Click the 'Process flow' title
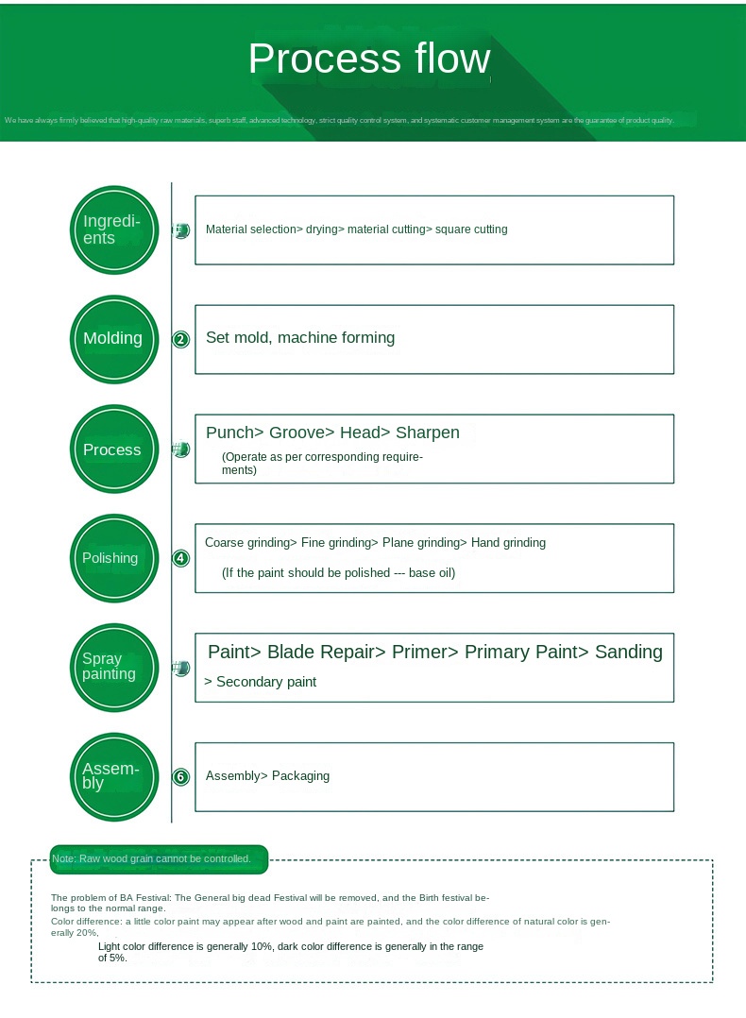pyautogui.click(x=369, y=59)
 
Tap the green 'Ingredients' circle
pyautogui.click(x=114, y=229)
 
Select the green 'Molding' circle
pyautogui.click(x=114, y=339)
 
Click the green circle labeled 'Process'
pyautogui.click(x=114, y=450)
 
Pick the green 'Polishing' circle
pyautogui.click(x=114, y=558)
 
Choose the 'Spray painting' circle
pyautogui.click(x=114, y=667)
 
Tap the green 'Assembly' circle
pyautogui.click(x=114, y=776)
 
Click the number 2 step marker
pyautogui.click(x=181, y=340)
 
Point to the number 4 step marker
pyautogui.click(x=181, y=558)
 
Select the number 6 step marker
pyautogui.click(x=181, y=777)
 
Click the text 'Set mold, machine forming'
pyautogui.click(x=300, y=338)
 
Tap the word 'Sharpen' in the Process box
pyautogui.click(x=428, y=433)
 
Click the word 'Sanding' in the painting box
pyautogui.click(x=628, y=652)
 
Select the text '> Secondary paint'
pyautogui.click(x=261, y=682)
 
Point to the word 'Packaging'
pyautogui.click(x=300, y=776)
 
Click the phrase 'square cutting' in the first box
pyautogui.click(x=471, y=229)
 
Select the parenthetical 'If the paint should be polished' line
pyautogui.click(x=338, y=573)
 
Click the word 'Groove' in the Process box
pyautogui.click(x=297, y=433)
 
